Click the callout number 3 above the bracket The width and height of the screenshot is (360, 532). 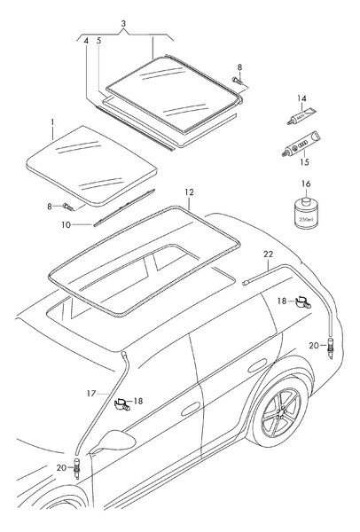click(123, 24)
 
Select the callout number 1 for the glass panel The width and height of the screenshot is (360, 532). click(52, 121)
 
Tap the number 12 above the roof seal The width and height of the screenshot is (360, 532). click(190, 192)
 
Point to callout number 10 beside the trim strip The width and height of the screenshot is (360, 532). click(67, 224)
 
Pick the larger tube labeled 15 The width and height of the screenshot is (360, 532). click(301, 145)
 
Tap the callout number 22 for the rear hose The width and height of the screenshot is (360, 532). click(268, 254)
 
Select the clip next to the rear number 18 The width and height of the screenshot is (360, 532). click(303, 301)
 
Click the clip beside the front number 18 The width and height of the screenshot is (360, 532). click(122, 403)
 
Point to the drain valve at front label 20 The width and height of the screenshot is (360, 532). click(76, 468)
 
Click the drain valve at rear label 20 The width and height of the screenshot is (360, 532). click(330, 348)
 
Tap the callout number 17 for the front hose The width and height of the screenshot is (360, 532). click(91, 393)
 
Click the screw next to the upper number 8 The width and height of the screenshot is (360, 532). click(237, 81)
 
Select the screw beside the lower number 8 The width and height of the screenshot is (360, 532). click(67, 206)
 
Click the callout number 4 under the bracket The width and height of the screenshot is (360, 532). click(86, 41)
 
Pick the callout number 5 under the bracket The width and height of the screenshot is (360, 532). click(98, 41)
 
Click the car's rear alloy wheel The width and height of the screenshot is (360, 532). click(281, 412)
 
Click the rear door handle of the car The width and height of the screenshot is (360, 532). click(257, 364)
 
